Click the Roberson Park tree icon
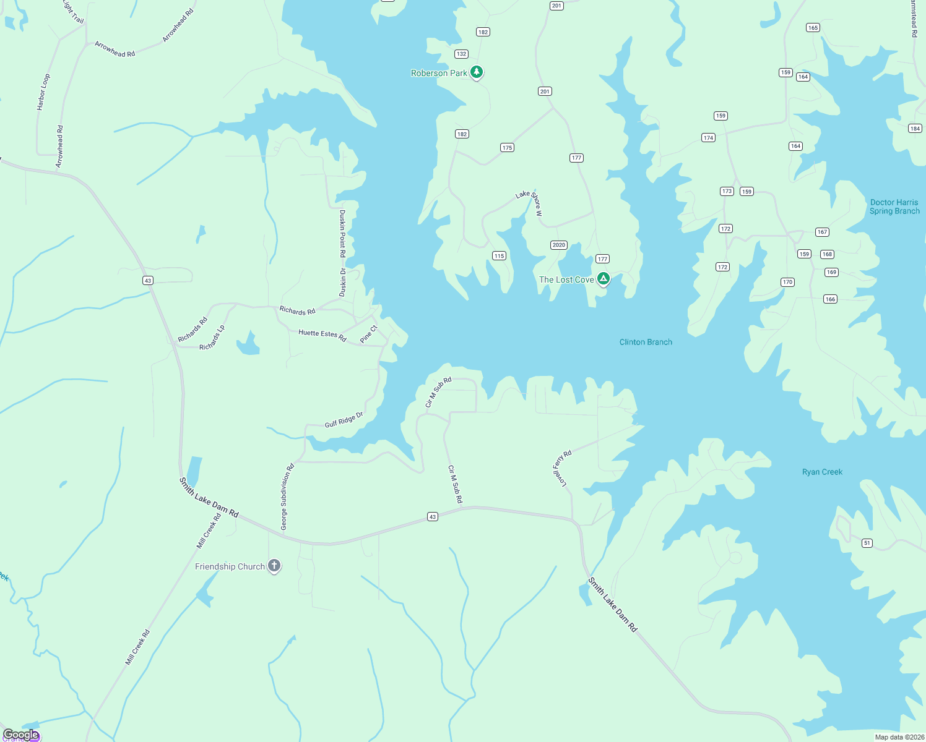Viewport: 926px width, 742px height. click(x=476, y=72)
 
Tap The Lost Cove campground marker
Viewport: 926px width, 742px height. click(x=603, y=279)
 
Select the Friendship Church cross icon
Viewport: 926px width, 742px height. click(x=274, y=566)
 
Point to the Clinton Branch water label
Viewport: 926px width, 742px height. click(x=646, y=342)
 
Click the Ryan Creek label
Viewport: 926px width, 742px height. click(x=822, y=472)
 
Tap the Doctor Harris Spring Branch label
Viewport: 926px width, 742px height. click(x=894, y=207)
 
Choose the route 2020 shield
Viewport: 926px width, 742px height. click(x=558, y=245)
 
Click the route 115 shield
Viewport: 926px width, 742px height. click(x=499, y=256)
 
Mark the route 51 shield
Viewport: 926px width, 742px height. click(x=867, y=543)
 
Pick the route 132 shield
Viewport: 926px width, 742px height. click(x=461, y=54)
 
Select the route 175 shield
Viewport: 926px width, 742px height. click(x=507, y=148)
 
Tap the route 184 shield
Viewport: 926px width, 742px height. click(x=915, y=129)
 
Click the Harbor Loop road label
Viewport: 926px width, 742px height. click(x=43, y=92)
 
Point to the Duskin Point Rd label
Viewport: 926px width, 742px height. click(x=342, y=233)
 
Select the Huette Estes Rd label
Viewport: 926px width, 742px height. click(x=322, y=335)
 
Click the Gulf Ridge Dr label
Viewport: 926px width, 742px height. click(x=344, y=420)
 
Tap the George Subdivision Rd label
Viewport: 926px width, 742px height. click(x=287, y=497)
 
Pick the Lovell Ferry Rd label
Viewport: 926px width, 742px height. click(x=562, y=468)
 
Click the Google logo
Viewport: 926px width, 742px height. click(x=21, y=735)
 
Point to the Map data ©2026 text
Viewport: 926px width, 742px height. click(x=899, y=737)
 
